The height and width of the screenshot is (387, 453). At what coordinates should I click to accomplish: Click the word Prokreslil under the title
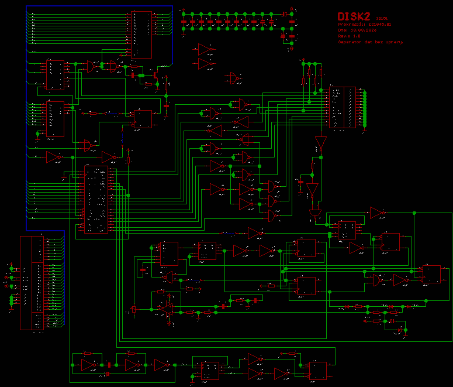click(x=349, y=25)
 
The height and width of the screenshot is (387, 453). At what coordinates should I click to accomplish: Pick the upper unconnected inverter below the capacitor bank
click(x=206, y=49)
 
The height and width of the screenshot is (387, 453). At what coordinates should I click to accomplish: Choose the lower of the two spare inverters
click(x=206, y=63)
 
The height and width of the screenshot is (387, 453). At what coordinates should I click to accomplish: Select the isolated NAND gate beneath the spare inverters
click(x=234, y=78)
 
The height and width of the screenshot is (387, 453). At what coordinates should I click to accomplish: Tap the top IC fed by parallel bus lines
click(x=141, y=34)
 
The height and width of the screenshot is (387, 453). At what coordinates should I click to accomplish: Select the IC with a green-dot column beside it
click(x=342, y=107)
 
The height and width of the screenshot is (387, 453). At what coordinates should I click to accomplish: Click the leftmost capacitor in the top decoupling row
click(x=184, y=22)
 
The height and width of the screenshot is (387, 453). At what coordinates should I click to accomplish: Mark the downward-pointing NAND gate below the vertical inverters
click(x=316, y=213)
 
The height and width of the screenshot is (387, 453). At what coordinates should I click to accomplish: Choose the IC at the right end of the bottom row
click(x=318, y=370)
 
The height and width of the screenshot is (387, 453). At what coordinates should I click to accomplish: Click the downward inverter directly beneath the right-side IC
click(x=320, y=142)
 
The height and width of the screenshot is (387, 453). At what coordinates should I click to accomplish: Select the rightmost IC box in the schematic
click(x=431, y=274)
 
